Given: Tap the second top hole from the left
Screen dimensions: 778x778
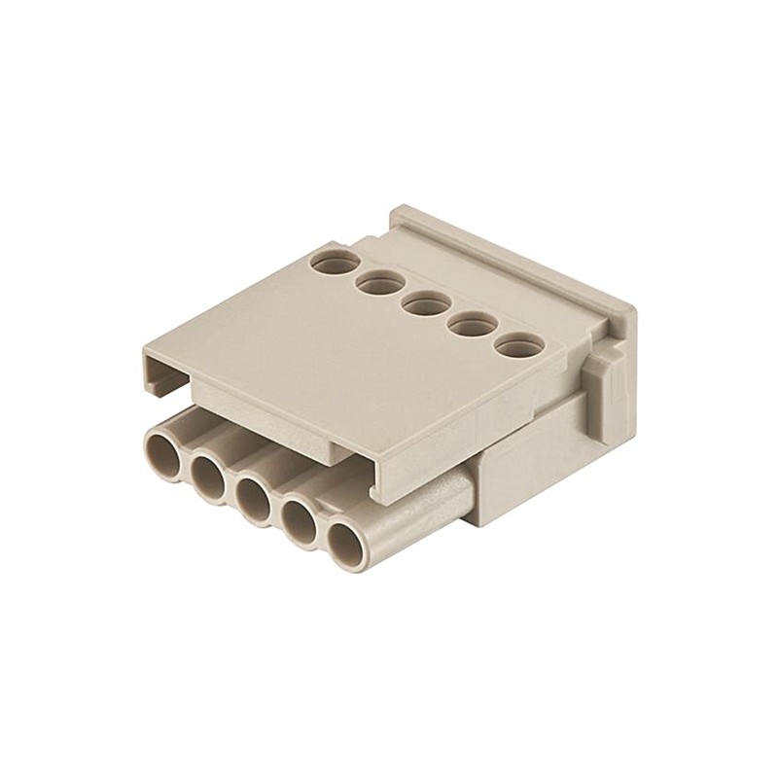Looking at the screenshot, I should point(379,283).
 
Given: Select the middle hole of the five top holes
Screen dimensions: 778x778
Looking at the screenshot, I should point(425,304).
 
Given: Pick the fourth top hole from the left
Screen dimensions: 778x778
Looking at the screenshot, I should point(471,326).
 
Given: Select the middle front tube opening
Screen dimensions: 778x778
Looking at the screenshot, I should point(253,500).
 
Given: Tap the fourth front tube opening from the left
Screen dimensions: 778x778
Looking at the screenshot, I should point(299,523).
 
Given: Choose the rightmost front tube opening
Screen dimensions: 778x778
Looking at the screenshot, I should point(345,547).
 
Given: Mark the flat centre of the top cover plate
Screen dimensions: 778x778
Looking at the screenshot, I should point(321,340).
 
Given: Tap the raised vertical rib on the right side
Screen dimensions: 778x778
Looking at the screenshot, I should point(609,389).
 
